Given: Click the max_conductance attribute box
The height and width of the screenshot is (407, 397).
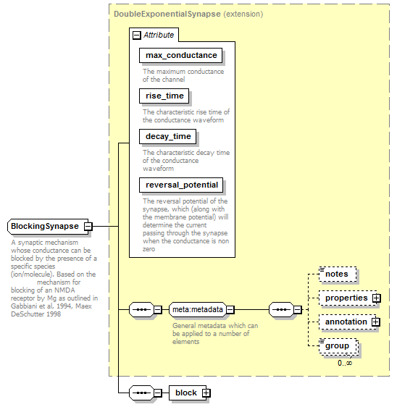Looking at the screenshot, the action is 180,55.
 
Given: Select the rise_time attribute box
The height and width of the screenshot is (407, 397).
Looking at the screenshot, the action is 164,96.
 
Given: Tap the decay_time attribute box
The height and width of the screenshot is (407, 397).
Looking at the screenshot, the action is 168,136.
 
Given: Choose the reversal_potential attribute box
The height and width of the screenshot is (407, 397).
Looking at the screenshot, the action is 181,185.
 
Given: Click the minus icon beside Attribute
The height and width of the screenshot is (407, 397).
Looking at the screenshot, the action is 137,35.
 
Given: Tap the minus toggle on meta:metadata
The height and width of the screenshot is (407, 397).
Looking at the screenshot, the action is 230,309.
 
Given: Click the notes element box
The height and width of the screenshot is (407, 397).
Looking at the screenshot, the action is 338,274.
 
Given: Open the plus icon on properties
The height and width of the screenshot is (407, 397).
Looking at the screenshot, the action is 377,298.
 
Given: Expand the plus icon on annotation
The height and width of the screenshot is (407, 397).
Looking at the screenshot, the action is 376,322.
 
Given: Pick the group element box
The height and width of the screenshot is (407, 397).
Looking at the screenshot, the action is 338,346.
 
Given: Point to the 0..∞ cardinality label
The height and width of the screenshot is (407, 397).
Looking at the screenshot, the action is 345,363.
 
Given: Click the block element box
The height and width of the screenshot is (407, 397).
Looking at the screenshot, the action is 188,393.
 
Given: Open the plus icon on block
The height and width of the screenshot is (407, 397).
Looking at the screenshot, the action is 206,393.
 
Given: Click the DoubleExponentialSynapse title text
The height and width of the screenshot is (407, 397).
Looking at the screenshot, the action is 167,14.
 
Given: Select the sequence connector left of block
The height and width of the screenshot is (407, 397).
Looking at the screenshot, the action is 141,393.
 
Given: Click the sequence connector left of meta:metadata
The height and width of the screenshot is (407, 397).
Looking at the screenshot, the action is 141,309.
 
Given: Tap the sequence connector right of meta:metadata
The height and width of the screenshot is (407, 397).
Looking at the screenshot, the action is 282,309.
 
